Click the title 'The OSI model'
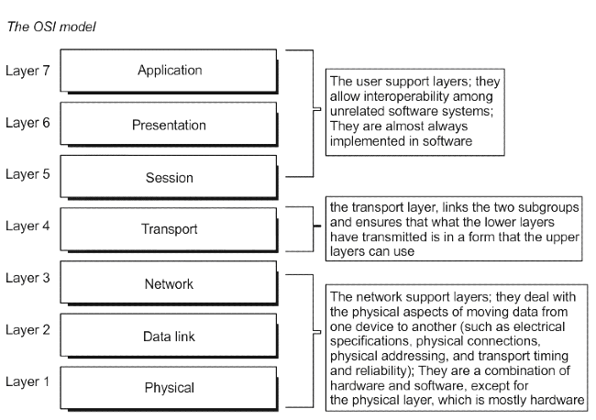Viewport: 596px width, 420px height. (x=51, y=27)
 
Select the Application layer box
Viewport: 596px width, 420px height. (x=169, y=71)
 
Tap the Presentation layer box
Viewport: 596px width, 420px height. (x=169, y=124)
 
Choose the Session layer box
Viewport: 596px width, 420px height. (x=169, y=177)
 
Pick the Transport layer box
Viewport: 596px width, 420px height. (x=169, y=229)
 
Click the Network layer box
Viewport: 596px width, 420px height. (x=169, y=282)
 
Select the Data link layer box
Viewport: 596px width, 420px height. (x=169, y=336)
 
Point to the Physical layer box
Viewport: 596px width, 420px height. (x=169, y=388)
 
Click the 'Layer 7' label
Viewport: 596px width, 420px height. (x=28, y=71)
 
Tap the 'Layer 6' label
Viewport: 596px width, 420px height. (x=28, y=123)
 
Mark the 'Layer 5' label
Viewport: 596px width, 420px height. (x=28, y=174)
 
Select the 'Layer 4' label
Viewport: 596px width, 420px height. (x=28, y=227)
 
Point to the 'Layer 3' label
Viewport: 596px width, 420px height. (x=28, y=278)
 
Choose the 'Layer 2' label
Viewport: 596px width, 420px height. (x=28, y=330)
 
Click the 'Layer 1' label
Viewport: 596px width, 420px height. (x=28, y=381)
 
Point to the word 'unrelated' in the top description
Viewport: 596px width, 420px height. (x=353, y=111)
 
